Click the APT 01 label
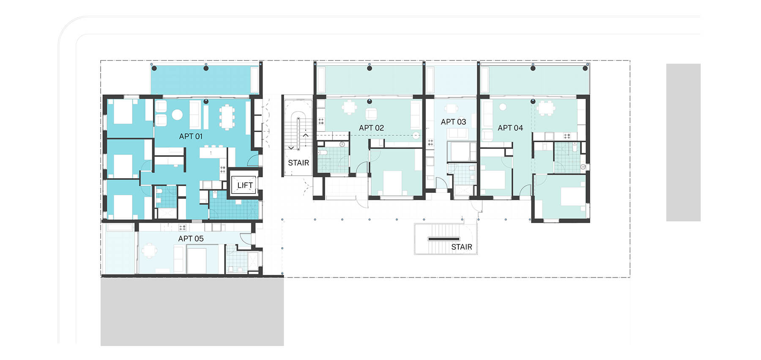(191, 136)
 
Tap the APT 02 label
(371, 128)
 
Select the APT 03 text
(453, 122)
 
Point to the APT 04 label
(510, 128)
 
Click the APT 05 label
(191, 239)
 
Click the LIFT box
(244, 185)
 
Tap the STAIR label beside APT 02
(298, 163)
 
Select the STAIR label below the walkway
(461, 247)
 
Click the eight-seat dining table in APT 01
(227, 116)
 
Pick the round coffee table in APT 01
(177, 114)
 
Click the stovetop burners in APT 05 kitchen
(182, 227)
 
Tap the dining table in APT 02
(349, 108)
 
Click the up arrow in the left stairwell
(306, 135)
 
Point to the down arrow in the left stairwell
(291, 148)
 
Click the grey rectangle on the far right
(683, 142)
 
